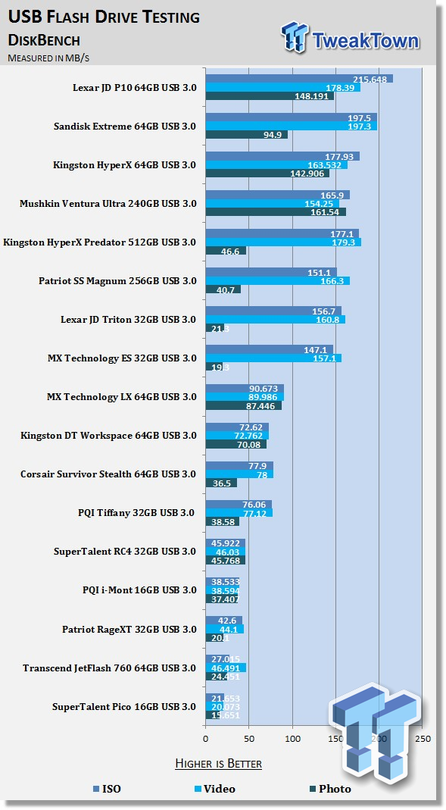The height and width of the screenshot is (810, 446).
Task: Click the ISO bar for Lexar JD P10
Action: pyautogui.click(x=298, y=79)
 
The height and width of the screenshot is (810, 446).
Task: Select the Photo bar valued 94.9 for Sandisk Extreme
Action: pyautogui.click(x=246, y=135)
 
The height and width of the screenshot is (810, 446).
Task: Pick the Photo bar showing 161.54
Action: pyautogui.click(x=276, y=212)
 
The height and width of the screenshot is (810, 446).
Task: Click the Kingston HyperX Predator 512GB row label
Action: pyautogui.click(x=100, y=242)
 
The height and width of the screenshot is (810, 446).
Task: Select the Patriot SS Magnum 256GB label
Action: pyautogui.click(x=117, y=281)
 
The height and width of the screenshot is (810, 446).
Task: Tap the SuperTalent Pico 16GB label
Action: pyautogui.click(x=124, y=706)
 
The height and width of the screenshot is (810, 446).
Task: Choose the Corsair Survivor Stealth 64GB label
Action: pyautogui.click(x=108, y=474)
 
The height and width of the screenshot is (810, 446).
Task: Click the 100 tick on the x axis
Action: pyautogui.click(x=292, y=738)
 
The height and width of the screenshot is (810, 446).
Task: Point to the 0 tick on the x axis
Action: pyautogui.click(x=206, y=738)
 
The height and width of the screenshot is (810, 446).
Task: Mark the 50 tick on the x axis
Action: pyautogui.click(x=249, y=738)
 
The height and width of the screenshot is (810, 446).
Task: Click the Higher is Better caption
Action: pyautogui.click(x=218, y=763)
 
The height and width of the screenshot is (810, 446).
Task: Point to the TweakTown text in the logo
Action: pyautogui.click(x=367, y=39)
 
